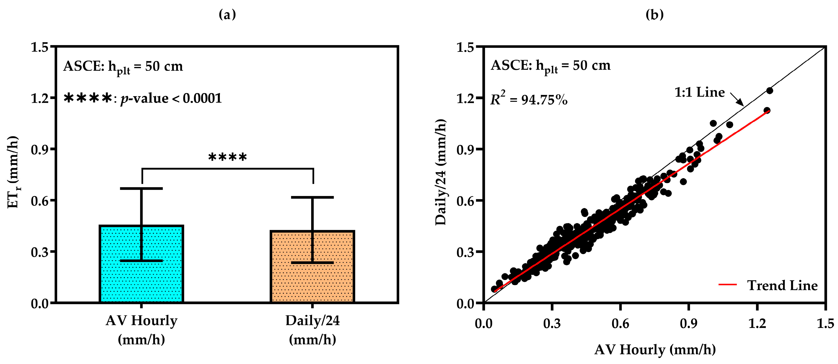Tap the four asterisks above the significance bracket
227,157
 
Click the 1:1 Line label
700,93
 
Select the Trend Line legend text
782,285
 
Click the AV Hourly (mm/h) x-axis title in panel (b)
655,350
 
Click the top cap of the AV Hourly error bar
141,189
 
